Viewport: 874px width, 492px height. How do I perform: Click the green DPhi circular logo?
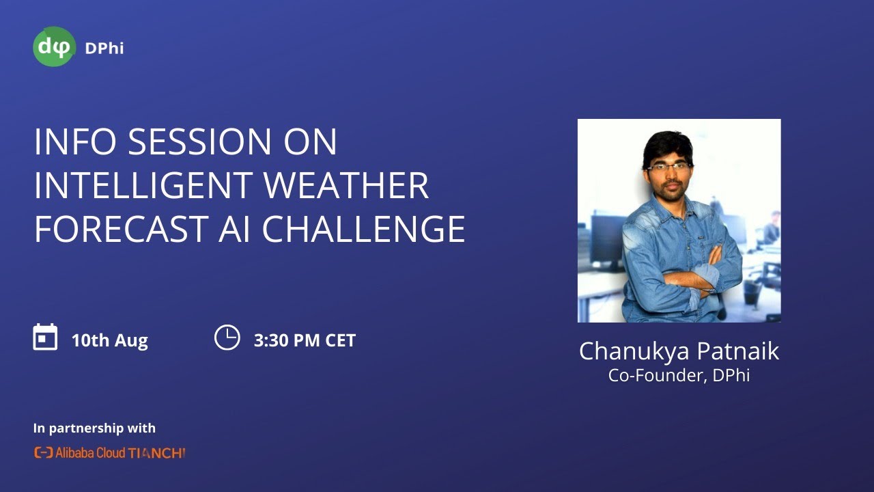click(54, 46)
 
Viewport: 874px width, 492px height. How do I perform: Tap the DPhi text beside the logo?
click(104, 48)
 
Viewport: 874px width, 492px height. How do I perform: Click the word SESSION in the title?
click(188, 142)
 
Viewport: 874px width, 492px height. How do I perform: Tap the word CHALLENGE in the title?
click(364, 230)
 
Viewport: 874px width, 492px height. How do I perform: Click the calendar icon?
click(45, 338)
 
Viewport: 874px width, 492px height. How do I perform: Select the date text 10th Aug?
click(109, 340)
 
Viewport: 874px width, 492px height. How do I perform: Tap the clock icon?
click(227, 338)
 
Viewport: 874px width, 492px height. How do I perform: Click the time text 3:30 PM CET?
click(305, 340)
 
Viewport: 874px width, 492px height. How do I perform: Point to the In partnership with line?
click(94, 428)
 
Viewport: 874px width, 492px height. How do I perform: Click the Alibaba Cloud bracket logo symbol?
click(43, 452)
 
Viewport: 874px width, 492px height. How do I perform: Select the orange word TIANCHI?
click(157, 452)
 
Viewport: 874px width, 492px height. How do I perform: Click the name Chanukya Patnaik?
click(679, 351)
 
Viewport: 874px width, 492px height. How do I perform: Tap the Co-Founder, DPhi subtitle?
click(679, 375)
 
